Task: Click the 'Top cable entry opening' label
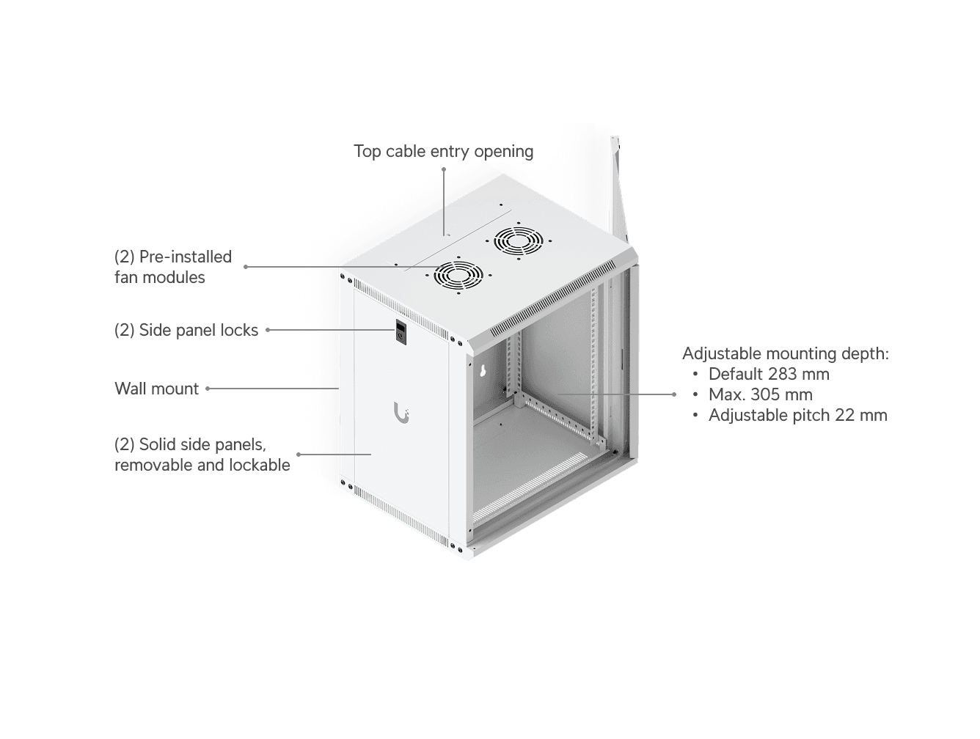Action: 443,151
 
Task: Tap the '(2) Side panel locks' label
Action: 186,330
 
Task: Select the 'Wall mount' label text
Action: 157,389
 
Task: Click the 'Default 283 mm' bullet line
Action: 768,374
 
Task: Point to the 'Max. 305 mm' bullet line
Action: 761,394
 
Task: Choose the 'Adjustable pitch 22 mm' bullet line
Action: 798,415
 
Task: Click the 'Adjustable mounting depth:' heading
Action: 786,353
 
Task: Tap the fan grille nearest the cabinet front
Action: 458,276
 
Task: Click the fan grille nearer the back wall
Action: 519,241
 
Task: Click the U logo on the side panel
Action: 401,412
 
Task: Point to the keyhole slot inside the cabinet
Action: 482,371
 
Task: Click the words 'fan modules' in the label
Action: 160,278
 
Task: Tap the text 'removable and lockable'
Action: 202,465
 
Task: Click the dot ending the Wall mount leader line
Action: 208,389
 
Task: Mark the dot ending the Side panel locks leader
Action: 268,330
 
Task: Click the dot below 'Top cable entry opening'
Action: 443,169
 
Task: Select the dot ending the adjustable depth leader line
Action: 674,394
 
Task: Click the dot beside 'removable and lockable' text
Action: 299,455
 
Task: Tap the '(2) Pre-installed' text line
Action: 173,257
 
